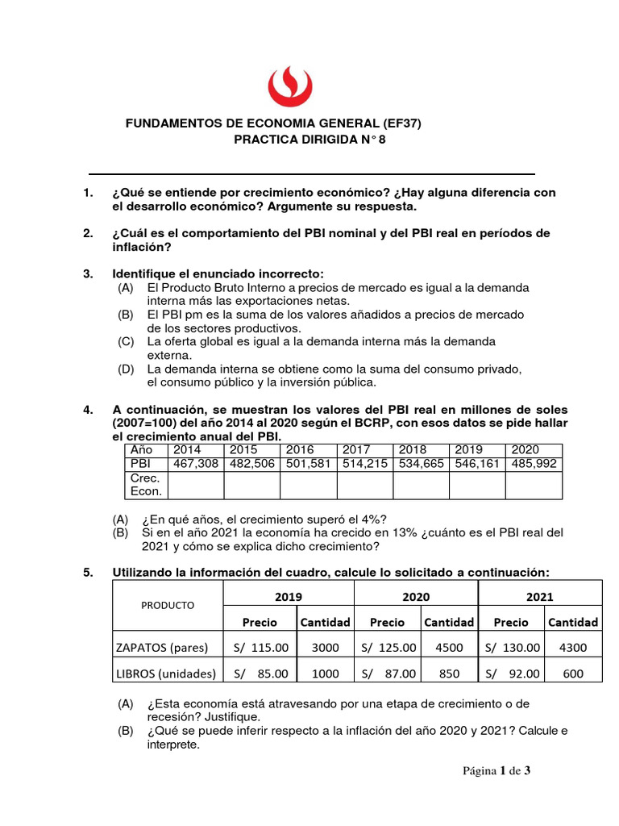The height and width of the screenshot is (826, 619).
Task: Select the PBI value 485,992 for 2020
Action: [533, 464]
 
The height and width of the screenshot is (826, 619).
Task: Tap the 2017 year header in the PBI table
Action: [356, 449]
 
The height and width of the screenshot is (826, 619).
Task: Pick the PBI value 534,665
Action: [420, 464]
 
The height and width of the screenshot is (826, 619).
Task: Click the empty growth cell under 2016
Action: [308, 485]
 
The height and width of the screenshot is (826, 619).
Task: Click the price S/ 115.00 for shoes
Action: [260, 647]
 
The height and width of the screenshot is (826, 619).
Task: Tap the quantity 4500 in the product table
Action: [449, 647]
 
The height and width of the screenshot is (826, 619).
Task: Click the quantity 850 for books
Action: [449, 674]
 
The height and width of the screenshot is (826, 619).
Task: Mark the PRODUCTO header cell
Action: [168, 605]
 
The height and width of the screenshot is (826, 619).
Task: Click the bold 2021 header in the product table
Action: [539, 596]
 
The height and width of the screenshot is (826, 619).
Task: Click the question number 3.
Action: [88, 273]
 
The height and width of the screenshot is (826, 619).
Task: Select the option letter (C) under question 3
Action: [125, 341]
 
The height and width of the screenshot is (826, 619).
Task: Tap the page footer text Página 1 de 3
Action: [496, 771]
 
